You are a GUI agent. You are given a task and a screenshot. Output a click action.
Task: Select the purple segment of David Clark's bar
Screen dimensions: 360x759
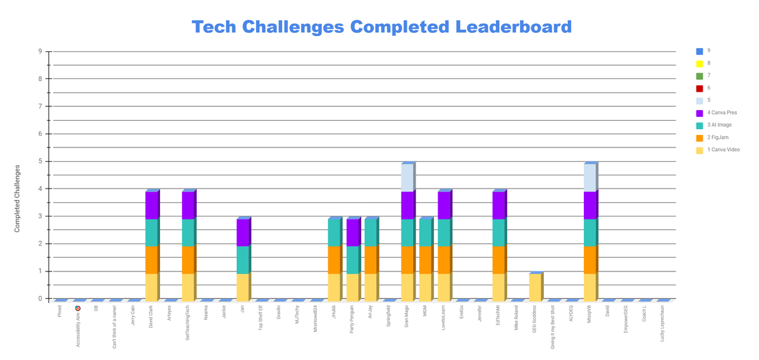point(151,206)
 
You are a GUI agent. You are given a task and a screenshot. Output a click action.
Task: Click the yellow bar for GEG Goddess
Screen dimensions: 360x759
point(535,287)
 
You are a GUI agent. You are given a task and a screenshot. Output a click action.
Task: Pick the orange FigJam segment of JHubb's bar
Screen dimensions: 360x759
point(334,260)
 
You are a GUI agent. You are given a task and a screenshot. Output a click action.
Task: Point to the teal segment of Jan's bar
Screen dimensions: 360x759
point(243,260)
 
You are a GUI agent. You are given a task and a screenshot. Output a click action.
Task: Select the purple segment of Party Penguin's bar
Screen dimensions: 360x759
point(352,233)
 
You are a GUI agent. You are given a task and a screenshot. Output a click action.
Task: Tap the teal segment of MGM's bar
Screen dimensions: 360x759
point(426,233)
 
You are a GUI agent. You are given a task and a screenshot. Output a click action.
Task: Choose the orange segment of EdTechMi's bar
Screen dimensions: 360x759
point(498,260)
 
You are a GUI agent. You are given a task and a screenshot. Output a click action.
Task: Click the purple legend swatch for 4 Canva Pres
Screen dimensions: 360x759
point(700,113)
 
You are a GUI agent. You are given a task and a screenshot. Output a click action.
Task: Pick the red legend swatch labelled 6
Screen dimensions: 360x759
point(700,89)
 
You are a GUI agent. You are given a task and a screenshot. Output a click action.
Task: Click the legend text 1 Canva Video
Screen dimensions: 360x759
point(724,150)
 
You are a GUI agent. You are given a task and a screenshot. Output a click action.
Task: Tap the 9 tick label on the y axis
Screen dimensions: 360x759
point(40,52)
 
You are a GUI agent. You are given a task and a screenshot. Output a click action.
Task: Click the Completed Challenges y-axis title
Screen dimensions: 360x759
point(18,198)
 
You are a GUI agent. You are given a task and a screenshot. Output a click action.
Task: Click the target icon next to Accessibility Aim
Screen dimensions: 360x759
point(78,308)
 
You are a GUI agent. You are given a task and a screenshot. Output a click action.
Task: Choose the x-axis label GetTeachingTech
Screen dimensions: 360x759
point(188,323)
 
